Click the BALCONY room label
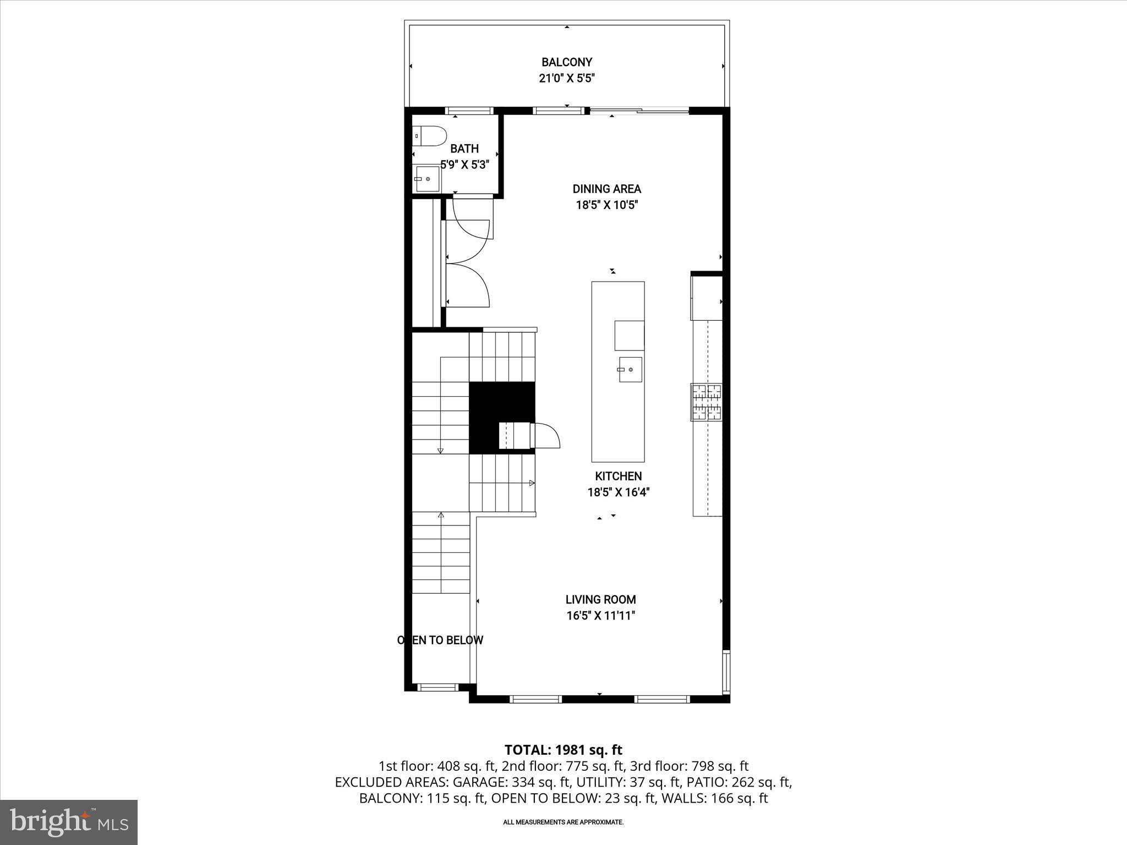566,62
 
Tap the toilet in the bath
429,135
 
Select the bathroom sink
428,179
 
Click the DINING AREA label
606,189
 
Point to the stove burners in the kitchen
707,402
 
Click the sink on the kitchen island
630,370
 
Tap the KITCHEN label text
618,476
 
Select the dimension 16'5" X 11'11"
600,616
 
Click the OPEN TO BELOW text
440,640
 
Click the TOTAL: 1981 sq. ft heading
563,750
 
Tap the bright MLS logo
69,822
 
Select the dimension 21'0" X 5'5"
566,79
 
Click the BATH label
464,149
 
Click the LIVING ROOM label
600,600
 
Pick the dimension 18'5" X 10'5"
606,205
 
